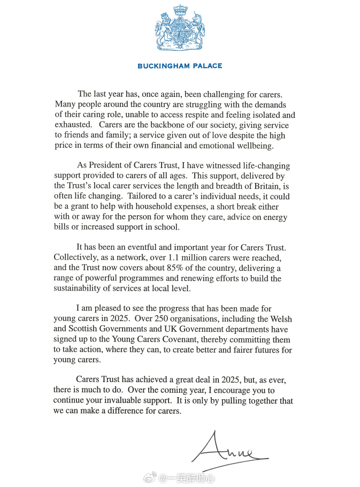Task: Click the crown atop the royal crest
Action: tap(179, 11)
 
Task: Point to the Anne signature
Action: tap(227, 449)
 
